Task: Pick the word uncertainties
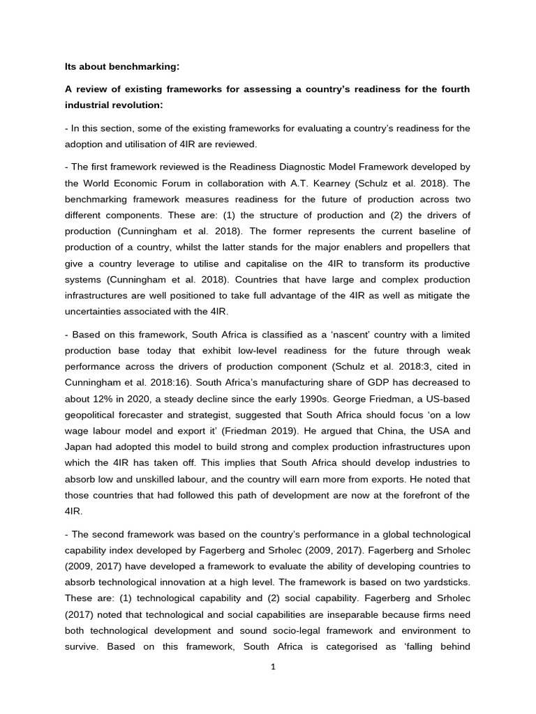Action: [x=96, y=311]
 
